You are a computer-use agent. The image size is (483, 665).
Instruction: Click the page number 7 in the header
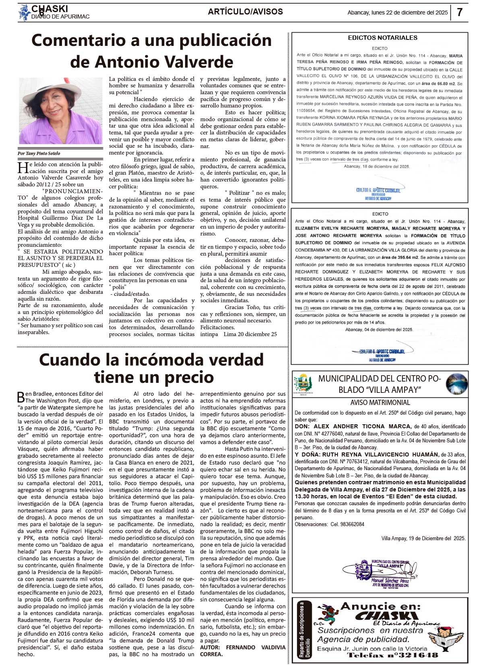coord(460,12)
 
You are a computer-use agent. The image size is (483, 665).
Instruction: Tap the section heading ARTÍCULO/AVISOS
coord(245,12)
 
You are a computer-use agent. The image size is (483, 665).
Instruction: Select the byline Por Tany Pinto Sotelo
coord(39,153)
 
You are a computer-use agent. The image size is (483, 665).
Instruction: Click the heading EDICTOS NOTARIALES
coord(382,38)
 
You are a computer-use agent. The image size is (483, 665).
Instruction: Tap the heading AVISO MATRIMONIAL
coord(380,402)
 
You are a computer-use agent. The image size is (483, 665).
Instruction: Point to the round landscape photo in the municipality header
coord(456,384)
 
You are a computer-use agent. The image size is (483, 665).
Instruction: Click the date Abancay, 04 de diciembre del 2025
coord(379,329)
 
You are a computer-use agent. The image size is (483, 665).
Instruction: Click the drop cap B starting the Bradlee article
coord(21,397)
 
